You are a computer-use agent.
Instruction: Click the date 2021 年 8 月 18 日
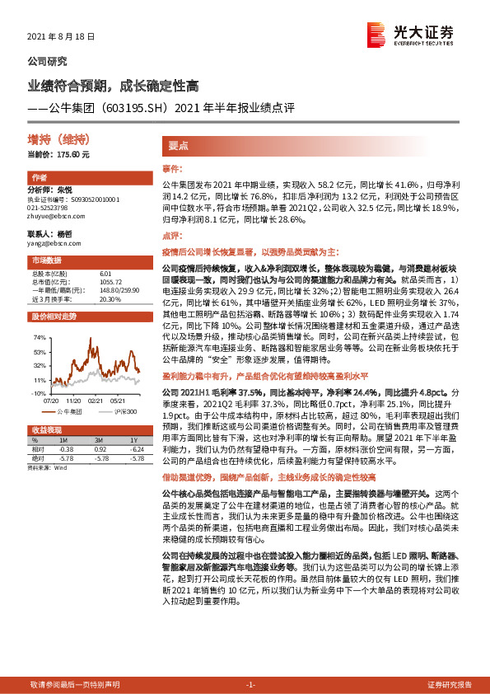pyautogui.click(x=62, y=38)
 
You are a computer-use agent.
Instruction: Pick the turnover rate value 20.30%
pyautogui.click(x=110, y=300)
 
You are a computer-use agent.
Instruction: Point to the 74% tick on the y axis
pyautogui.click(x=38, y=338)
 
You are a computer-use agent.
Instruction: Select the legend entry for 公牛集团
pyautogui.click(x=73, y=410)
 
